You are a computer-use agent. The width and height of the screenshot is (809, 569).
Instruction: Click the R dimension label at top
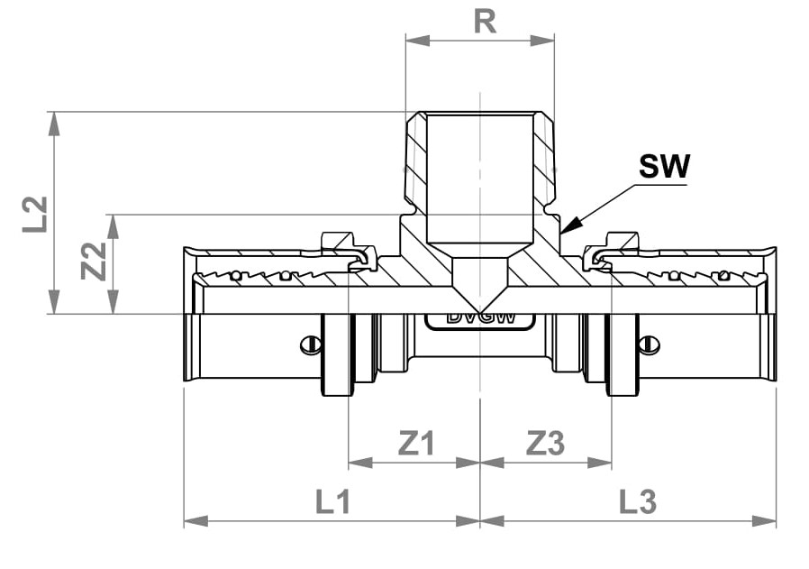pos(485,22)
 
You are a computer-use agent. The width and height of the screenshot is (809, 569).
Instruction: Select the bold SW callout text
pos(663,166)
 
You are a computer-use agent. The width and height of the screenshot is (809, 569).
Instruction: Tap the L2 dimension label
pos(35,214)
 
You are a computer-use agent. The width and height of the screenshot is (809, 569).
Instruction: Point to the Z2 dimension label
pos(94,261)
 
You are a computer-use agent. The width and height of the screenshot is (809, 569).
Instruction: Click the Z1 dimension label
pos(417,443)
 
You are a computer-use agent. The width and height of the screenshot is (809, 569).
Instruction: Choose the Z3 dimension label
pos(545,443)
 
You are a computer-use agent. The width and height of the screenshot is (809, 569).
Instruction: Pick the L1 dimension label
pos(332,501)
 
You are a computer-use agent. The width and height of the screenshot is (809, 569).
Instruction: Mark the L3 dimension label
pos(637,501)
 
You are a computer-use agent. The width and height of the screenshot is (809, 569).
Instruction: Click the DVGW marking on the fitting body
pos(480,317)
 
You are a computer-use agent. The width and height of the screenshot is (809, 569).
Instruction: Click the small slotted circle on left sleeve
pos(309,344)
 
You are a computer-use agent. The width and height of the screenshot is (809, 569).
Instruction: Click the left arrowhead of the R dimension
pos(417,41)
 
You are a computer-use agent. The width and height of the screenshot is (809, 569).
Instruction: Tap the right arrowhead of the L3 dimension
pos(764,521)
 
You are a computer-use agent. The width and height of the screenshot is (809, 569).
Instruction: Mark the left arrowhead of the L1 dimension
pos(196,521)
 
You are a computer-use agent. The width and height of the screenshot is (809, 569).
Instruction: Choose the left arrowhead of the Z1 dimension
pos(360,463)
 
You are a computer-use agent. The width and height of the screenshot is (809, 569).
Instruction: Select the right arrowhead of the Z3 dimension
pos(600,463)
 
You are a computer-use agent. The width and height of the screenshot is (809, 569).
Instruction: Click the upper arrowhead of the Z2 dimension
pos(113,226)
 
